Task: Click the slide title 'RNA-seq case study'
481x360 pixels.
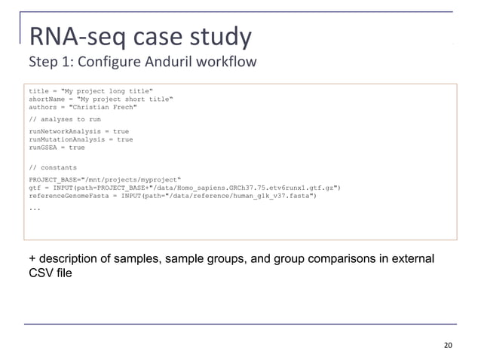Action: [139, 35]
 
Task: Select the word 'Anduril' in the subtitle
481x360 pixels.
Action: [193, 61]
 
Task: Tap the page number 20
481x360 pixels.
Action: [449, 346]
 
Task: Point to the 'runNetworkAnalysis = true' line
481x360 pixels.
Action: [78, 131]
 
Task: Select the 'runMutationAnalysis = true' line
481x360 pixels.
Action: [81, 139]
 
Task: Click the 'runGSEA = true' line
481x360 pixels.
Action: [57, 148]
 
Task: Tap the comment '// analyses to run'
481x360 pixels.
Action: [65, 119]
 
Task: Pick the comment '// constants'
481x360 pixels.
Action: [53, 167]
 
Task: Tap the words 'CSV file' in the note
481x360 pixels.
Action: [51, 273]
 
